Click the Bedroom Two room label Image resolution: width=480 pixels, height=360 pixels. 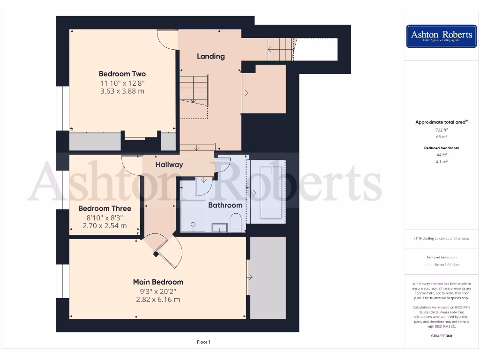pyautogui.click(x=122, y=74)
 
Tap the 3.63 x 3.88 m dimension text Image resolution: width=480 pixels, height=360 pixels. pyautogui.click(x=122, y=91)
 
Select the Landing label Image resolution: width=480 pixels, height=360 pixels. pyautogui.click(x=210, y=56)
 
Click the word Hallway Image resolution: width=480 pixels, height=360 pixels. pyautogui.click(x=169, y=165)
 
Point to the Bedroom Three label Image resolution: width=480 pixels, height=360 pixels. pyautogui.click(x=105, y=208)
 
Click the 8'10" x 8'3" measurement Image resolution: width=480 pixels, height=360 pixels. pyautogui.click(x=105, y=217)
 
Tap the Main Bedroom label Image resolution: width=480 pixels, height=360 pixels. pyautogui.click(x=158, y=282)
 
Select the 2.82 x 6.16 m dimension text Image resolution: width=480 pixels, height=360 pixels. pyautogui.click(x=158, y=299)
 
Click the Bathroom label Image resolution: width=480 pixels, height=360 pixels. pyautogui.click(x=225, y=205)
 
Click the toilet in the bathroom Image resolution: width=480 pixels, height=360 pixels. pyautogui.click(x=236, y=223)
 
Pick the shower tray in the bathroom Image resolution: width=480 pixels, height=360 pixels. pyautogui.click(x=193, y=216)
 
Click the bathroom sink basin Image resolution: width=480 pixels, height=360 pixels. pyautogui.click(x=219, y=228)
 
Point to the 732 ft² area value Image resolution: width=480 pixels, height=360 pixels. pyautogui.click(x=442, y=130)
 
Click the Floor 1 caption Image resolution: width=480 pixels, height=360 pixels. pyautogui.click(x=203, y=342)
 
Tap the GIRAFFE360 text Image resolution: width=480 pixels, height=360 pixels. pyautogui.click(x=442, y=336)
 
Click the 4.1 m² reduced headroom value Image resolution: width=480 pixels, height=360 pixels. pyautogui.click(x=442, y=161)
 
